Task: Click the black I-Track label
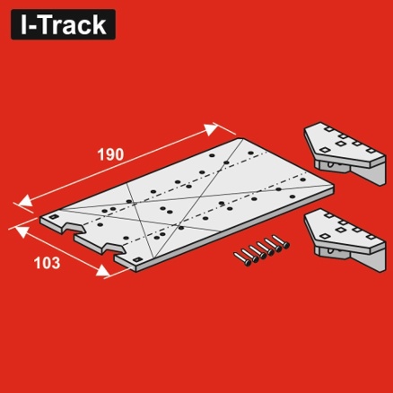coord(63,24)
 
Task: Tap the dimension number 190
coord(110,154)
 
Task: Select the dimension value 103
coord(47,263)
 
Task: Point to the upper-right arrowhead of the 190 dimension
coord(212,129)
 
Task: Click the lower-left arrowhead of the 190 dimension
coord(25,201)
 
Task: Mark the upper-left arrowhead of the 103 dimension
coord(22,231)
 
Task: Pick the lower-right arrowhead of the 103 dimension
coord(102,270)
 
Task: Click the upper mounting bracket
coord(345,152)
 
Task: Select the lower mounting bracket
coord(345,240)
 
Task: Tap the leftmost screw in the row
coord(241,259)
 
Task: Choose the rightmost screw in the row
coord(280,241)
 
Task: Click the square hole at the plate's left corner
coord(54,217)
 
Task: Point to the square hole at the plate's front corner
coord(137,259)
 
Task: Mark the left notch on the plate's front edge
coord(73,229)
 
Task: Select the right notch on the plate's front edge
coord(113,249)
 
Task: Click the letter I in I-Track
coord(23,24)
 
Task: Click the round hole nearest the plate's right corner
coord(303,179)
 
